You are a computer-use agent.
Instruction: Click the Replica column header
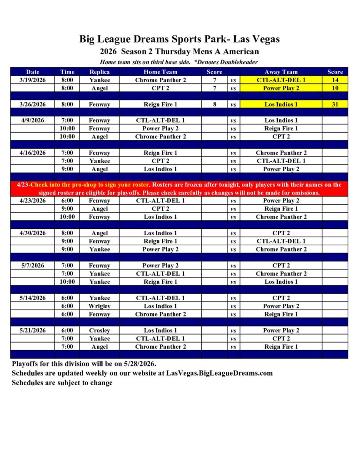coord(100,72)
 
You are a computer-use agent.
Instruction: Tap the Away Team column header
coord(281,72)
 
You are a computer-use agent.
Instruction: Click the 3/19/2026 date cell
coord(33,80)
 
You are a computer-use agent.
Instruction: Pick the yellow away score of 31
coord(335,104)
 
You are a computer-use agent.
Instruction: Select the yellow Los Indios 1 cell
coord(281,104)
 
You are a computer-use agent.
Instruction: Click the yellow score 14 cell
coord(335,80)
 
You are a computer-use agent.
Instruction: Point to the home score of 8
coord(214,104)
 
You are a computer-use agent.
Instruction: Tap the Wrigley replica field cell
coord(100,306)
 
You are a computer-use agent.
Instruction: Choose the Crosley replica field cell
coord(100,331)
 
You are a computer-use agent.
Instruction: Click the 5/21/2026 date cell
coord(33,331)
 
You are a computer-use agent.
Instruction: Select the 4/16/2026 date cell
coord(33,153)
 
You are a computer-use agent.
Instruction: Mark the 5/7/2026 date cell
coord(33,266)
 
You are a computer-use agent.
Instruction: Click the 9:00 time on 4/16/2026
coord(67,169)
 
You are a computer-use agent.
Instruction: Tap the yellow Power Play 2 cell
coord(281,88)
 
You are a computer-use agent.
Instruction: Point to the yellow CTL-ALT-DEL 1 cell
coord(281,80)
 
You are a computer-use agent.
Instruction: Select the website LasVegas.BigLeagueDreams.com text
coord(220,373)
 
